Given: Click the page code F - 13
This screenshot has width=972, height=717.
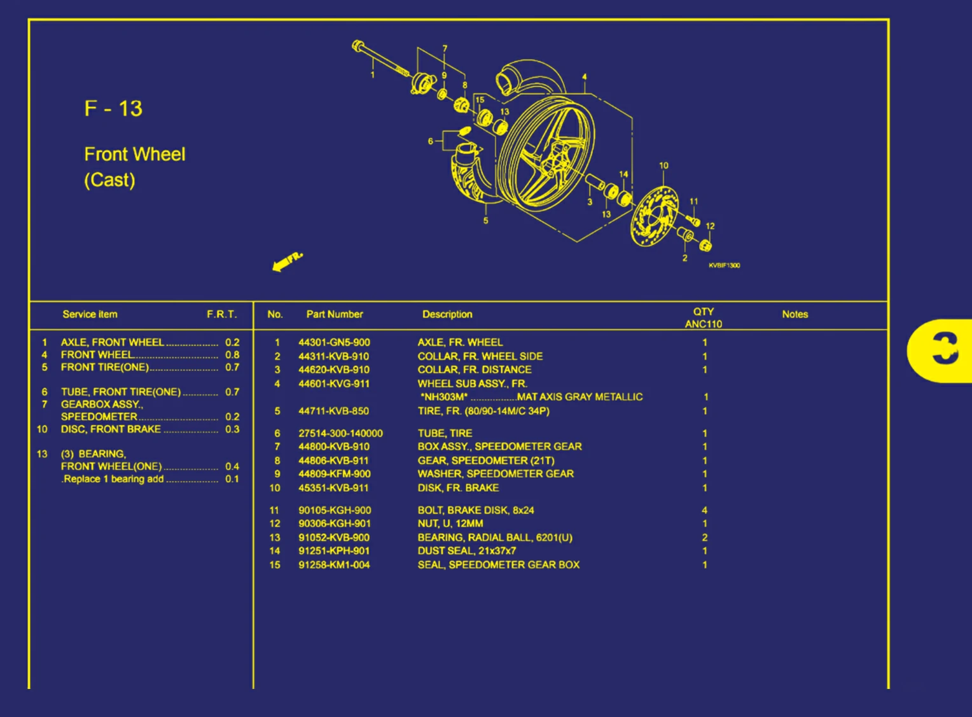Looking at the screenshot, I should pyautogui.click(x=113, y=109).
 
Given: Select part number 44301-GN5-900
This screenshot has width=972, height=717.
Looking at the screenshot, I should pyautogui.click(x=334, y=342).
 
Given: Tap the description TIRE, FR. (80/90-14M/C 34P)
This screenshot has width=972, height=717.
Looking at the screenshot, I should pyautogui.click(x=483, y=411).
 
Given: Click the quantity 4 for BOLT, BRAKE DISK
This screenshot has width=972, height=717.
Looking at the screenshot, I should pyautogui.click(x=704, y=510).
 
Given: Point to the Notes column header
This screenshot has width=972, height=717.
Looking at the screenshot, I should pyautogui.click(x=795, y=314).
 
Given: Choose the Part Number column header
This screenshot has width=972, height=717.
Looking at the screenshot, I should pyautogui.click(x=334, y=314).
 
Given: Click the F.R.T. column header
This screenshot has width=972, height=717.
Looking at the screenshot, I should pyautogui.click(x=221, y=314).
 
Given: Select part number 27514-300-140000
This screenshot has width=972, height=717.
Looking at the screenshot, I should pyautogui.click(x=340, y=433).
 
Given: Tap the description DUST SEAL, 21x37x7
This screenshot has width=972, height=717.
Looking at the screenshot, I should pyautogui.click(x=466, y=551).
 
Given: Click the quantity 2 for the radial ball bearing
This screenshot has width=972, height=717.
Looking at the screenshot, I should pyautogui.click(x=704, y=538).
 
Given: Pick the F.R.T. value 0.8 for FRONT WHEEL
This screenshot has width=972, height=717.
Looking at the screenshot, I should pyautogui.click(x=232, y=355).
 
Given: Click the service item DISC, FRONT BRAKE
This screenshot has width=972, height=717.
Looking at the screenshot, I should pyautogui.click(x=111, y=429).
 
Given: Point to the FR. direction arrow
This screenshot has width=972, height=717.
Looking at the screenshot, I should pyautogui.click(x=287, y=261).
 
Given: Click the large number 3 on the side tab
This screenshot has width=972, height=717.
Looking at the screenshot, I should pyautogui.click(x=944, y=349).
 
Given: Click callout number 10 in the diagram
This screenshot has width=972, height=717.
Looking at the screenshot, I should pyautogui.click(x=663, y=165).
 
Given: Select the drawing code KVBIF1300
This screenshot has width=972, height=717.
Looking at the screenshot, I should pyautogui.click(x=724, y=265).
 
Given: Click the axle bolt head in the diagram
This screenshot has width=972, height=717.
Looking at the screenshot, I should pyautogui.click(x=358, y=46).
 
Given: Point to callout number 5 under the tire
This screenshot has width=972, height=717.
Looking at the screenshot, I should pyautogui.click(x=485, y=221).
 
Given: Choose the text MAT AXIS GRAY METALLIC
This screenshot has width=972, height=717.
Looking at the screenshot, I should pyautogui.click(x=580, y=397).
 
